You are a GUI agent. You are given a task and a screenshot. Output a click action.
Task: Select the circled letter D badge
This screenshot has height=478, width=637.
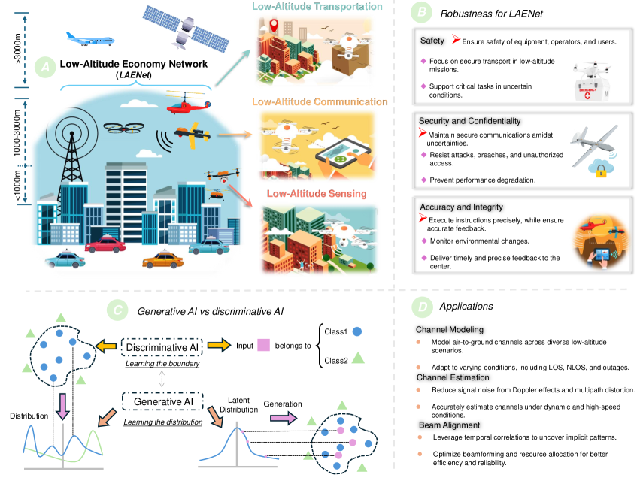point(421,307)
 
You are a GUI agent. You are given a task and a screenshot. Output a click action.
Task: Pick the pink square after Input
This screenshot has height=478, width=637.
point(263,346)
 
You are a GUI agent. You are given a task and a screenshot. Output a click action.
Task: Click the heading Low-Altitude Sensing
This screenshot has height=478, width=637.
point(319,194)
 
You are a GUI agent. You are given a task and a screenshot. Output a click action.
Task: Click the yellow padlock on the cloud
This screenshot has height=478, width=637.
point(600,172)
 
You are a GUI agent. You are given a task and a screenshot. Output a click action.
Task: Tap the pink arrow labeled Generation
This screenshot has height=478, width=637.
point(281,419)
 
